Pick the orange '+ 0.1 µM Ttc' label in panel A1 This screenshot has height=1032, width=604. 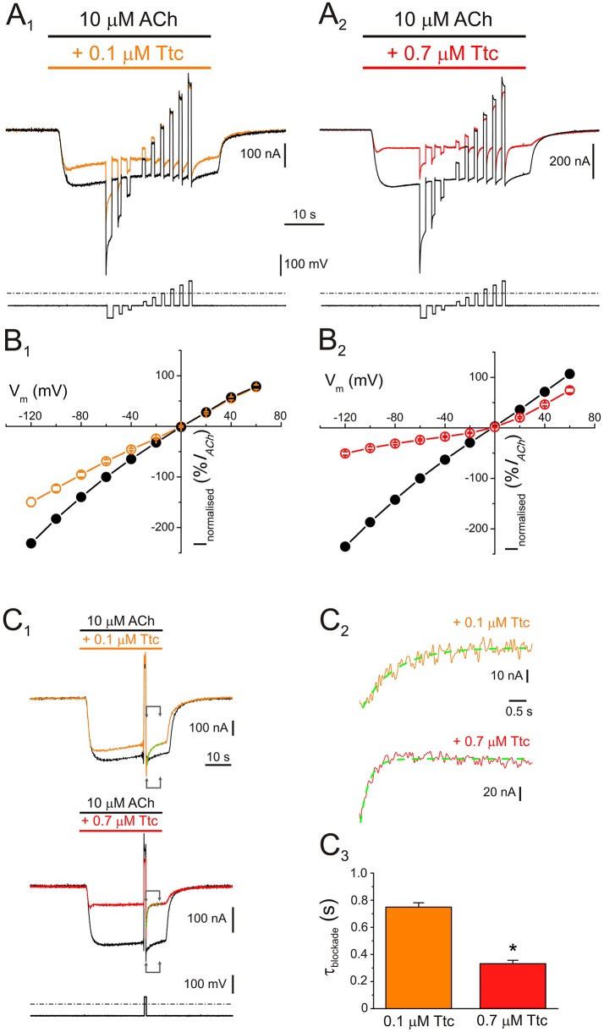coord(129,53)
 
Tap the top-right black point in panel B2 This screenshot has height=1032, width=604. coord(569,374)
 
